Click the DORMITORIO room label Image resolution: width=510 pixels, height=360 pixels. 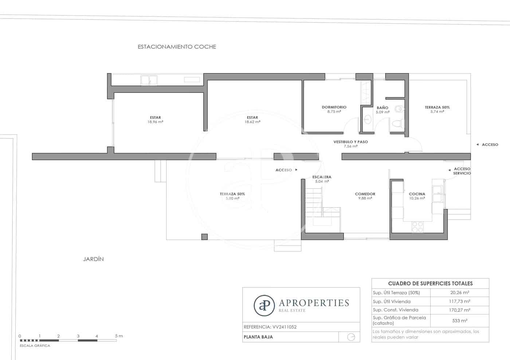tap(334, 107)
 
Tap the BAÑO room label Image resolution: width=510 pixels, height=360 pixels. tap(382, 108)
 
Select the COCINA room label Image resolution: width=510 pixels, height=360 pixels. tap(417, 194)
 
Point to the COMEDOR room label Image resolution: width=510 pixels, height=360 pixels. tap(365, 194)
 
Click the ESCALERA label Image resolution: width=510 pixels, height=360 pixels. tap(322, 177)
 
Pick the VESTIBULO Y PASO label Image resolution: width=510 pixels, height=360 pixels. tap(350, 142)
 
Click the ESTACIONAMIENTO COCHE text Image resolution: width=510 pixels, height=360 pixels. tap(177, 47)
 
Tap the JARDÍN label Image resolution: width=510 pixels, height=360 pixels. tap(93, 259)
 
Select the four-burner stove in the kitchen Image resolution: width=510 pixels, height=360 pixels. tap(417, 227)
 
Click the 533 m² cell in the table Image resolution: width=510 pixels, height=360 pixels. tap(460, 321)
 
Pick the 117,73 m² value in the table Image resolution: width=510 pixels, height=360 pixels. tap(459, 301)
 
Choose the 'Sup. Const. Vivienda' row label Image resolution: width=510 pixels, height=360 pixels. tap(395, 310)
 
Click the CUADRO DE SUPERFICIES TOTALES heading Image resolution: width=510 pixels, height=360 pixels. tap(430, 284)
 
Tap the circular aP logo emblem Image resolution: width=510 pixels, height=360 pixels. tap(264, 305)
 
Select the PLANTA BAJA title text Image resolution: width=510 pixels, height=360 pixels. tap(258, 337)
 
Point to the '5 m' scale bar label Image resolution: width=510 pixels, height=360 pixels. tap(119, 336)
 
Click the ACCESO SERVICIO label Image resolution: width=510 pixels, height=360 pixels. tap(462, 171)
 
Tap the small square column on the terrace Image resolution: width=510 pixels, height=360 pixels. tap(204, 237)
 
